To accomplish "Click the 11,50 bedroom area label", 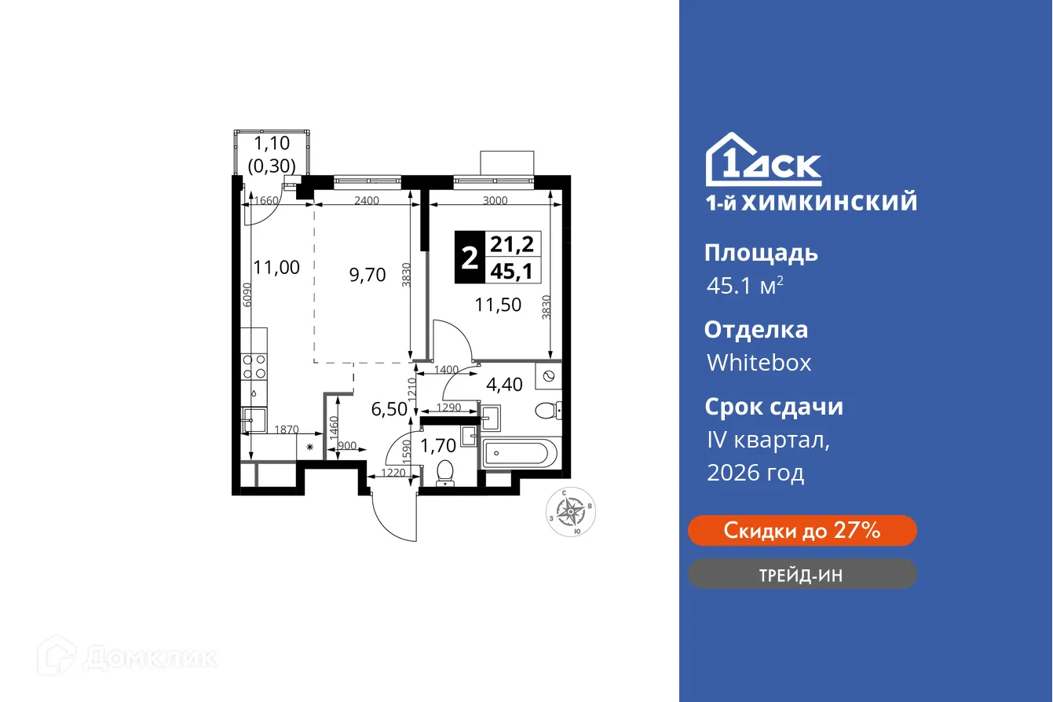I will pos(498,305).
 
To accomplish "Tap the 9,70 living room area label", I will pos(367,274).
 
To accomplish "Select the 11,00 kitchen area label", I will pos(276,268).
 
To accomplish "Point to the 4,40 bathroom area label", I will pos(502,386).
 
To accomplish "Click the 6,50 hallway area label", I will pos(388,410).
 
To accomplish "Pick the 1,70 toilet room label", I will pos(438,446).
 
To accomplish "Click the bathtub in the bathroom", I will pos(519,454).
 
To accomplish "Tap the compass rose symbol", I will pos(573,511).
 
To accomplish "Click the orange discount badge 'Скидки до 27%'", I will pos(802,531).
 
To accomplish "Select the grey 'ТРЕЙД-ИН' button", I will pos(802,575).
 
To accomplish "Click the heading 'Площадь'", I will pos(761,253).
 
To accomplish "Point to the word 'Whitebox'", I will pos(759,363).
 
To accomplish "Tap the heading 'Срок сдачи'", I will pos(773,407).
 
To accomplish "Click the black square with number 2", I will pos(469,257).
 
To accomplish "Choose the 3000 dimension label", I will pos(495,200).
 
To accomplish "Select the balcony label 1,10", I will pos(272,144).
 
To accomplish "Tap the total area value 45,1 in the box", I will pos(511,270).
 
